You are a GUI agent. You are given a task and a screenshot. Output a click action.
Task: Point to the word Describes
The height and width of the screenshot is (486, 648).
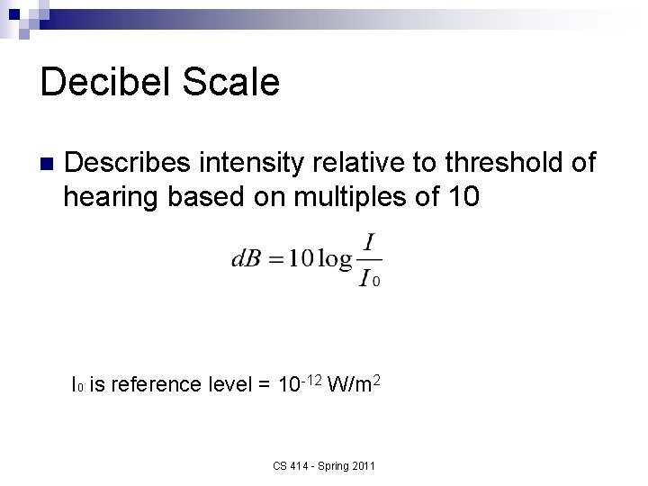129,163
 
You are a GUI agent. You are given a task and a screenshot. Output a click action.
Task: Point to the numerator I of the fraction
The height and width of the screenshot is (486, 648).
369,243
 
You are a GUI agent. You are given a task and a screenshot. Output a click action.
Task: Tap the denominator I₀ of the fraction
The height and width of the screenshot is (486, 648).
370,279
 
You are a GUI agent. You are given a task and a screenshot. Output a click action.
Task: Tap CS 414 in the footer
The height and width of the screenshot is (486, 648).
289,465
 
